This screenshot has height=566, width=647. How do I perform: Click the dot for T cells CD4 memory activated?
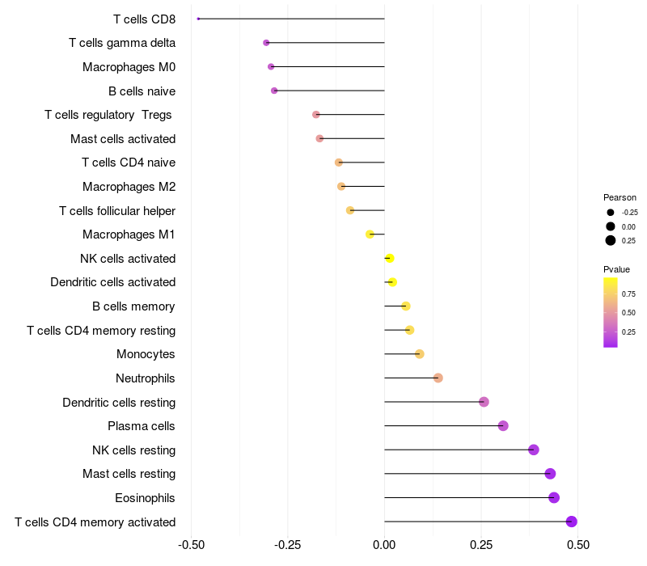coord(572,522)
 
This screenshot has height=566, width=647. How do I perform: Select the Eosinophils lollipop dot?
coord(554,497)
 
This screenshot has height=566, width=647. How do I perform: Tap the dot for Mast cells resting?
coord(550,474)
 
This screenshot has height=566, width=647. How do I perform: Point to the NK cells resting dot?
coord(533,450)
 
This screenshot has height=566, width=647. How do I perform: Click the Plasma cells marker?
coord(503,426)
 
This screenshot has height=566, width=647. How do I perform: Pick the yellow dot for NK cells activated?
coord(389,258)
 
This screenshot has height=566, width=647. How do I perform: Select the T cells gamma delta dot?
coord(266,43)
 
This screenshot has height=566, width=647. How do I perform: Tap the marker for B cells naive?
coord(274,91)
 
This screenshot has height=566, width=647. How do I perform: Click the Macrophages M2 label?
coord(129,187)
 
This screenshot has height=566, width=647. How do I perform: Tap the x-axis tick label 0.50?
coord(577,545)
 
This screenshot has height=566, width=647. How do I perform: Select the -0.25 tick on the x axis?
coord(288,545)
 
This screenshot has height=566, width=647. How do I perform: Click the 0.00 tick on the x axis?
coord(384,545)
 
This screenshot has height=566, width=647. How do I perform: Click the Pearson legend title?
coord(620,197)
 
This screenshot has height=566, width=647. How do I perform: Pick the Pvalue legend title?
coord(616,269)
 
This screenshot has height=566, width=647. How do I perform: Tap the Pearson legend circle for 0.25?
coord(611,240)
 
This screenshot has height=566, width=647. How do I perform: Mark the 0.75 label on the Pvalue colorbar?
coord(628,294)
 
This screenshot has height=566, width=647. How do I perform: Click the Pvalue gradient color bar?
coord(611,312)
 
